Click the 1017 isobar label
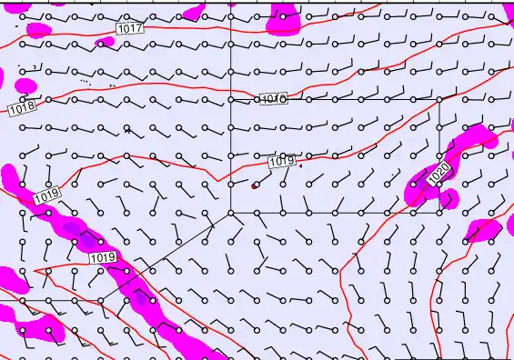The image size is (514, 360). point(130,29)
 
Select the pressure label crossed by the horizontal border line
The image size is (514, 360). point(273,99)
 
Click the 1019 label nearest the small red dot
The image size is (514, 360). point(283,162)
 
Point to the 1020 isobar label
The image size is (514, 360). point(438,172)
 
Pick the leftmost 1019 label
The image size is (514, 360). point(46,195)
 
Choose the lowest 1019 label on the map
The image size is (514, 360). point(103,259)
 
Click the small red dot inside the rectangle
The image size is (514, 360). point(255,185)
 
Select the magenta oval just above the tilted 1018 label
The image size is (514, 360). point(26,86)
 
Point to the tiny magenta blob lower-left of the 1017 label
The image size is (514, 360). point(105,43)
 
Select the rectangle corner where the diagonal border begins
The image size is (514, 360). point(231,213)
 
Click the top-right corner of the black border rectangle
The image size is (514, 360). point(439,99)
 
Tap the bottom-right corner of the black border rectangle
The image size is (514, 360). point(439,213)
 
